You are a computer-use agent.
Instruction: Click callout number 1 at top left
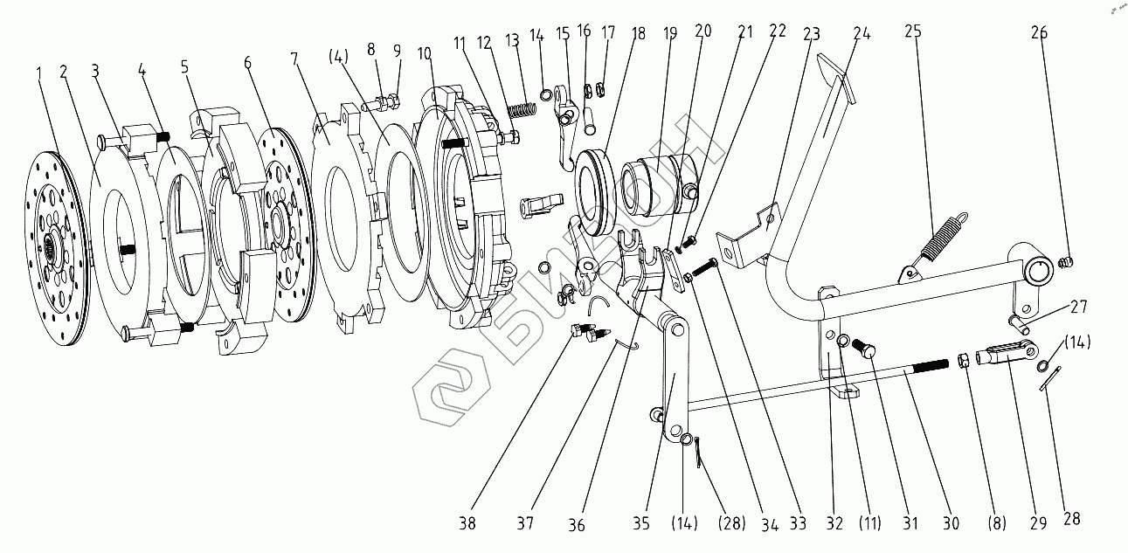click(x=38, y=69)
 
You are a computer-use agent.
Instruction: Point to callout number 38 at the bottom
click(x=470, y=523)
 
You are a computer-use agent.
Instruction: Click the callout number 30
click(x=952, y=523)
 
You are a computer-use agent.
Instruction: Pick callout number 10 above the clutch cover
click(x=425, y=54)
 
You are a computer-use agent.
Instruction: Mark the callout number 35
click(x=641, y=523)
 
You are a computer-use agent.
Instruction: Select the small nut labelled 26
click(x=1063, y=261)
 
